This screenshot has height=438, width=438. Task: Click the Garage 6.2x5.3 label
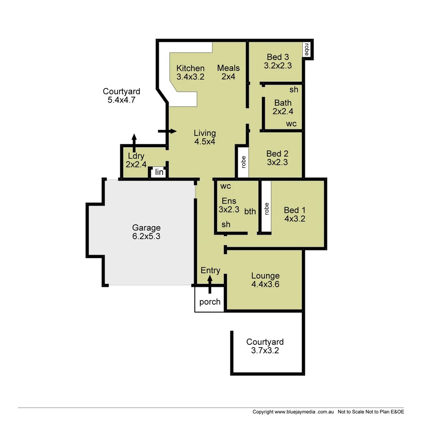coord(146,232)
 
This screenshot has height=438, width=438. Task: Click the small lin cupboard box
coord(159,172)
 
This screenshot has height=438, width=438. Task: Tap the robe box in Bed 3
coord(307,49)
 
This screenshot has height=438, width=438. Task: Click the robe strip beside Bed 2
coord(243,162)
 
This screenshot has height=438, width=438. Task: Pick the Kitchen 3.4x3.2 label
coord(190,72)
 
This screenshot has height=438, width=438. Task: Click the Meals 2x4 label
coord(228,72)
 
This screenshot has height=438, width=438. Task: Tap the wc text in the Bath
coord(291,124)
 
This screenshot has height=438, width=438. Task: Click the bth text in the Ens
coord(250,211)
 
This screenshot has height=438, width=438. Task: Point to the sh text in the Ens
coord(226,224)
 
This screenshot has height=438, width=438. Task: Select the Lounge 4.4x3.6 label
coord(265,280)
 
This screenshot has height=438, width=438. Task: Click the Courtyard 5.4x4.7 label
coord(121,96)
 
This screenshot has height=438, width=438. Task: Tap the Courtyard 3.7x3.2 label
coord(265,346)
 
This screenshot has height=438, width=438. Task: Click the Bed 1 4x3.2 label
coord(294,214)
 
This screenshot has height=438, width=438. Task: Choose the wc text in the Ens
coord(226,186)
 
